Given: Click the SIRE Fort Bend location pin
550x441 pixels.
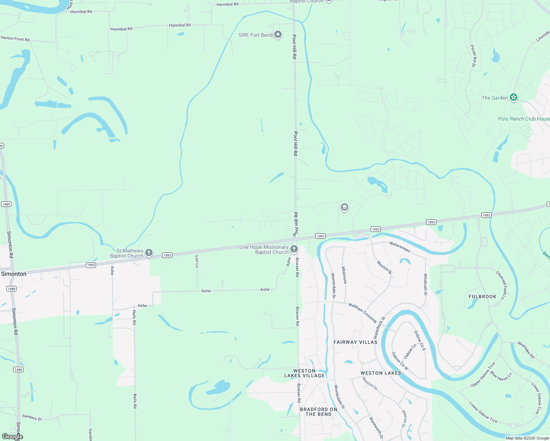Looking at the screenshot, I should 278,35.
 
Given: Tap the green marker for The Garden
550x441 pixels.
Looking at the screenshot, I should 514,97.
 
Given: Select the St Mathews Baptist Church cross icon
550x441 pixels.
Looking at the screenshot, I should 149,252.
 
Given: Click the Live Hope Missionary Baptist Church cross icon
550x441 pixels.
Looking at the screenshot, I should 294,249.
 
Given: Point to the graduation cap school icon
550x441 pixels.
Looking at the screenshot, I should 344,207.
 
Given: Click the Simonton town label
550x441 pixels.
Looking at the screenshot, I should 14,274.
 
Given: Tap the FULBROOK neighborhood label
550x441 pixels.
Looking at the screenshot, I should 482,297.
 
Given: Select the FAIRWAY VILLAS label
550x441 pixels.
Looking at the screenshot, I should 355,342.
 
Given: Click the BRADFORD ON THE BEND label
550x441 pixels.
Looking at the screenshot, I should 318,412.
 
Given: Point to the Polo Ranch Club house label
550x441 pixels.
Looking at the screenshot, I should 524,119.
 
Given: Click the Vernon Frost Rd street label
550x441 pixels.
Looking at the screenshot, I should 15,39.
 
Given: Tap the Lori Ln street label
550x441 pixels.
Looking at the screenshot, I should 197,261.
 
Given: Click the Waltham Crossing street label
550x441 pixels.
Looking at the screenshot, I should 362,312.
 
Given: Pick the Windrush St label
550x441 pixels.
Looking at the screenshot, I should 425,284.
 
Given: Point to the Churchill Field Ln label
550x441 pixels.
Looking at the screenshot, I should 501,285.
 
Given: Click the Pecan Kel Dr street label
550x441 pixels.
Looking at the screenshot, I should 474,56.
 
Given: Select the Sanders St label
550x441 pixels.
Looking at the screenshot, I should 32,417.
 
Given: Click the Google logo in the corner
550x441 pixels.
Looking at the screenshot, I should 12,437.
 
